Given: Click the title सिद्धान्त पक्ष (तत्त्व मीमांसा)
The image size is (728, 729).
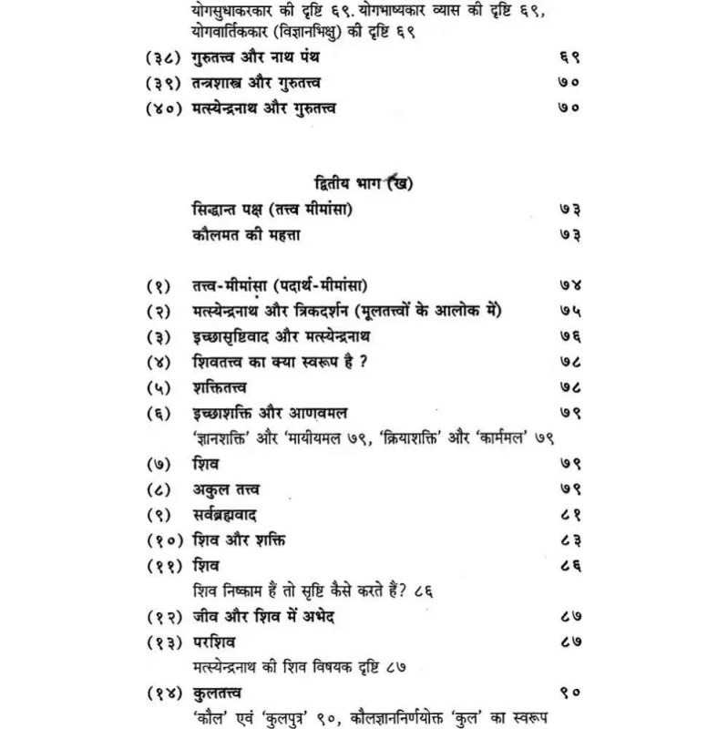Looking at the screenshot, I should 273,210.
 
